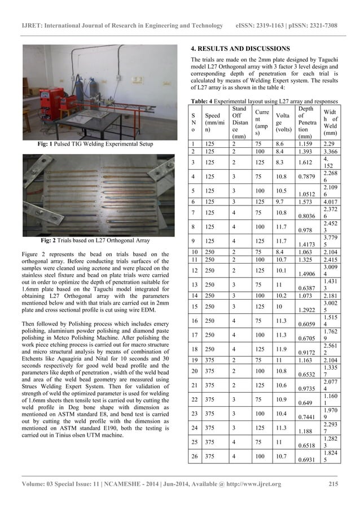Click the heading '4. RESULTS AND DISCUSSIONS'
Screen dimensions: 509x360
pos(240,49)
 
